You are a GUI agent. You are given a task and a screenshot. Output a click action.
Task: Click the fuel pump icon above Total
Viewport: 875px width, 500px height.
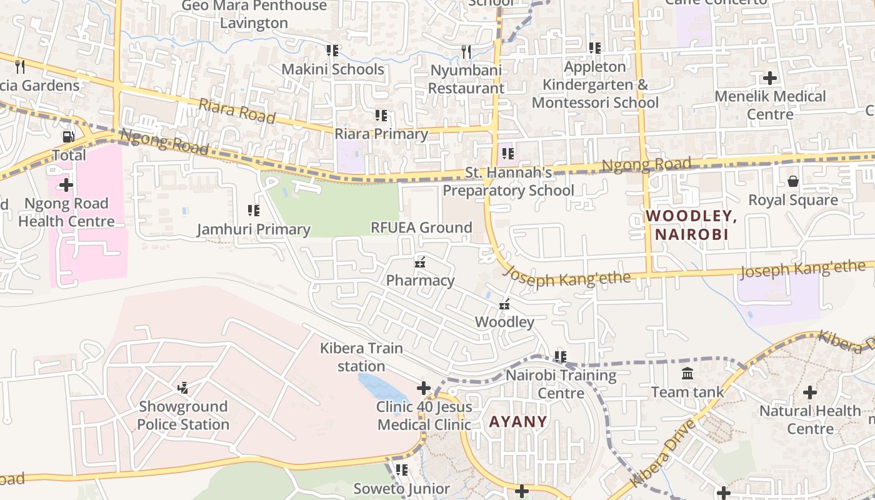pyautogui.click(x=67, y=136)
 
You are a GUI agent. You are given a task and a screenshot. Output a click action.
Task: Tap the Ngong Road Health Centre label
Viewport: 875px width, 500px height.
pyautogui.click(x=66, y=212)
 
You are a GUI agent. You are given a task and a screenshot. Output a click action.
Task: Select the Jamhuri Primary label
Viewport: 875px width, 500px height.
pyautogui.click(x=254, y=229)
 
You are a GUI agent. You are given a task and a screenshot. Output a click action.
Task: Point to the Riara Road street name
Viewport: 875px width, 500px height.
pyautogui.click(x=237, y=111)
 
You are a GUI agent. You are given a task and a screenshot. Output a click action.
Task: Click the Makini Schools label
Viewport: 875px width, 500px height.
pyautogui.click(x=332, y=69)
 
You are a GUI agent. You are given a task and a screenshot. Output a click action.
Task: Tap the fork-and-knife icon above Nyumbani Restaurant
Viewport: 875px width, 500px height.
pyautogui.click(x=466, y=51)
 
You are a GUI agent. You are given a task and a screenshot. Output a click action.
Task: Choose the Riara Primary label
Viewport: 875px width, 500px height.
pyautogui.click(x=381, y=134)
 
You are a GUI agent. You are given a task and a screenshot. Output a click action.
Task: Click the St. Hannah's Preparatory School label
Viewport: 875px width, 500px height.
pyautogui.click(x=508, y=181)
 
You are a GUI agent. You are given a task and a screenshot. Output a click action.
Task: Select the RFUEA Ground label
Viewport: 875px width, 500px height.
pyautogui.click(x=421, y=227)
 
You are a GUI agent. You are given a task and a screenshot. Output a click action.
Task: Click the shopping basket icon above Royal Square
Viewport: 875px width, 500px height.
pyautogui.click(x=792, y=181)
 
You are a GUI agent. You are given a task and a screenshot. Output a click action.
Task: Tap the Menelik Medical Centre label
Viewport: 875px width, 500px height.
pyautogui.click(x=770, y=105)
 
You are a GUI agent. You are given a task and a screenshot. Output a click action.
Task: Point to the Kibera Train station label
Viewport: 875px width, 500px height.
pyautogui.click(x=361, y=357)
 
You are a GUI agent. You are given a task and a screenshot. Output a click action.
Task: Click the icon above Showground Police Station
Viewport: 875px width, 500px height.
pyautogui.click(x=182, y=388)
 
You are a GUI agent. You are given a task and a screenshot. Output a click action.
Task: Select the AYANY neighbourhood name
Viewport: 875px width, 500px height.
pyautogui.click(x=518, y=421)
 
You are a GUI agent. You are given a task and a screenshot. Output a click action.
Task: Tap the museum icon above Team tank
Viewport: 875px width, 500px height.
pyautogui.click(x=687, y=374)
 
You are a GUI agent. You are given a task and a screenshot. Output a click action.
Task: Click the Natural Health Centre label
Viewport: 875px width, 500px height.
pyautogui.click(x=810, y=419)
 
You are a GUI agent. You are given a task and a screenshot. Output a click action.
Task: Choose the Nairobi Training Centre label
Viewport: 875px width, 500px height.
pyautogui.click(x=561, y=384)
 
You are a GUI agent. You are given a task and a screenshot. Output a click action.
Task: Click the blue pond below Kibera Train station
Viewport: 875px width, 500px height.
pyautogui.click(x=381, y=386)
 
